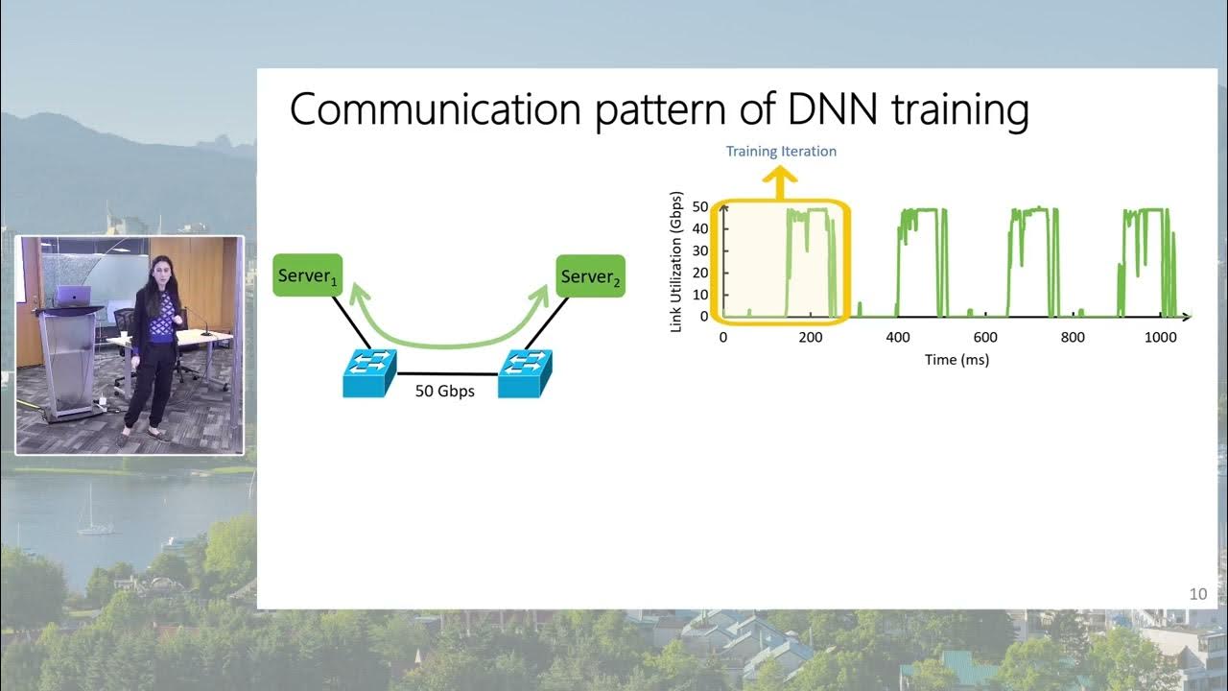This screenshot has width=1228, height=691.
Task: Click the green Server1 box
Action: click(x=307, y=275)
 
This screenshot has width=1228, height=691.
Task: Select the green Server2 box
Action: click(x=591, y=275)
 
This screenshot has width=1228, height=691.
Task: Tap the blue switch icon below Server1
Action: click(x=370, y=372)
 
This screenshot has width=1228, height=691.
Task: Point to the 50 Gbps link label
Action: click(x=444, y=391)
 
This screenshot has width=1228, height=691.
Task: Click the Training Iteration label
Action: click(x=781, y=151)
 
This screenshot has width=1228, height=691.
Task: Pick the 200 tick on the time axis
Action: click(x=811, y=338)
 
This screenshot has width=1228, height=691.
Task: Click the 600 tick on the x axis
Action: click(x=985, y=338)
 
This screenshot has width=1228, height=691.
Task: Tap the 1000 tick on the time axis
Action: click(x=1161, y=338)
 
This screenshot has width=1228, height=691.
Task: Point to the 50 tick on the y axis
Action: click(x=700, y=207)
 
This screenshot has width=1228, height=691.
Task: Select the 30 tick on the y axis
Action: click(x=700, y=250)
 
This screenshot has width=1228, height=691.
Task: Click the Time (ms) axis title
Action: click(x=956, y=360)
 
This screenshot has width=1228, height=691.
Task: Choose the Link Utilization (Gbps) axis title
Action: click(x=677, y=261)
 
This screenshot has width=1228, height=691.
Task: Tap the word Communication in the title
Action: click(x=435, y=109)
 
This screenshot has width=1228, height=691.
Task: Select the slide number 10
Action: click(x=1197, y=594)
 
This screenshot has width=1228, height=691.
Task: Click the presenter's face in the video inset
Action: click(x=160, y=271)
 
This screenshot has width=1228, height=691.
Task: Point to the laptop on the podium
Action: click(x=73, y=296)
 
